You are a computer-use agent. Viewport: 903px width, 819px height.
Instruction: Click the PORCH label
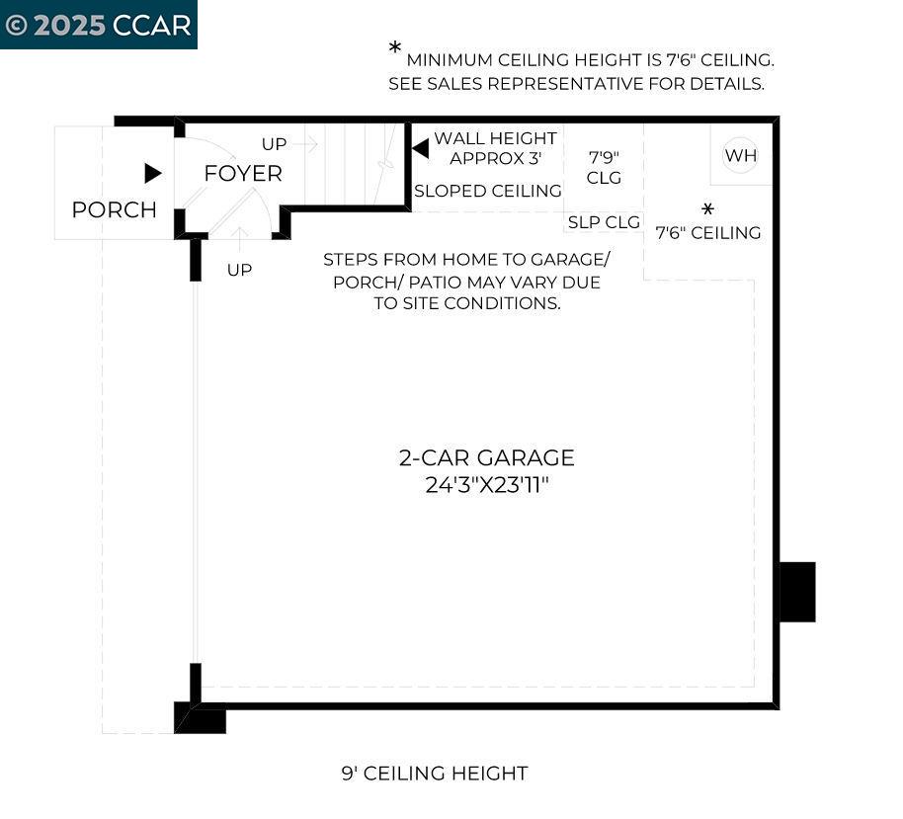click(x=114, y=209)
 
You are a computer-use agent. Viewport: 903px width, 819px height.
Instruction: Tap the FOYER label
click(x=242, y=173)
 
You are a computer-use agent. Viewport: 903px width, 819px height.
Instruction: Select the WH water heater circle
click(x=740, y=155)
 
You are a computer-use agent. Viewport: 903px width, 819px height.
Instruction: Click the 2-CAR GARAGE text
click(x=486, y=457)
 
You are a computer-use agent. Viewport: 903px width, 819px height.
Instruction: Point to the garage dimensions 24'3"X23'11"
click(x=486, y=485)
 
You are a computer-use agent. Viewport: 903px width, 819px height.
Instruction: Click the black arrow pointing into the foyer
click(x=152, y=173)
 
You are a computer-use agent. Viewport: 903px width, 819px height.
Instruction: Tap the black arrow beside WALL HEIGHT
click(x=420, y=148)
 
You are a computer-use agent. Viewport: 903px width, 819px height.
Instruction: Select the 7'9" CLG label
click(x=604, y=167)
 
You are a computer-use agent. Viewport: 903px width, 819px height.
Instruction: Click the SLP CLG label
click(x=604, y=222)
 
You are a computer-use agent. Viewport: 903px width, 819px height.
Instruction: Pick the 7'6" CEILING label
click(x=708, y=233)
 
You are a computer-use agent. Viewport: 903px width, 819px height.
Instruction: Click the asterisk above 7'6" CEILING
click(x=707, y=209)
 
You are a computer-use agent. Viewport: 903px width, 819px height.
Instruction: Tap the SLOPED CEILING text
click(x=488, y=191)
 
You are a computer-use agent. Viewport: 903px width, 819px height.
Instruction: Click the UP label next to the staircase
click(x=274, y=144)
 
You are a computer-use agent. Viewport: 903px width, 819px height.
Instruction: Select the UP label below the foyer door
click(x=239, y=270)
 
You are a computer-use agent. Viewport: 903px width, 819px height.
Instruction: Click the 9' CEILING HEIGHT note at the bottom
click(x=435, y=774)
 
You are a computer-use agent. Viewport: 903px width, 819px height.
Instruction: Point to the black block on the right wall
click(x=797, y=592)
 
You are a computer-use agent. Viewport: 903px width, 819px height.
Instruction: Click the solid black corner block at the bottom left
click(x=200, y=718)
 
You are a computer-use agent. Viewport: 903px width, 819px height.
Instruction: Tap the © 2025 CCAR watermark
click(x=98, y=25)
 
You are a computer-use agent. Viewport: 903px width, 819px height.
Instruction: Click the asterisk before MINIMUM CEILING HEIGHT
click(x=395, y=48)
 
